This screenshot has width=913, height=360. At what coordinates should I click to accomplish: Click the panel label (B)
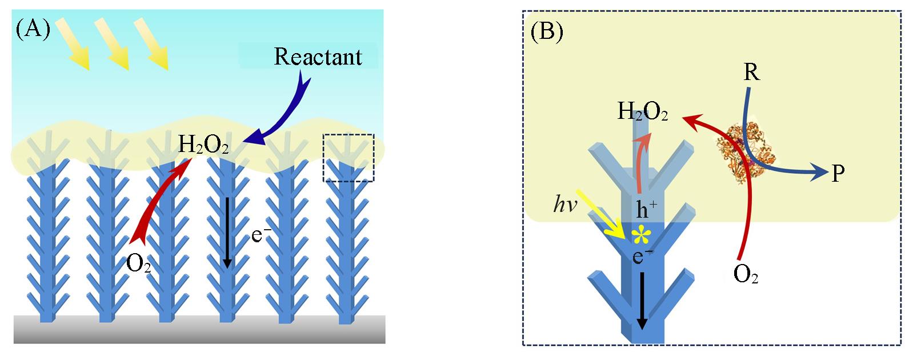(547, 32)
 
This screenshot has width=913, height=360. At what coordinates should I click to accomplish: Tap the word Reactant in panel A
(318, 57)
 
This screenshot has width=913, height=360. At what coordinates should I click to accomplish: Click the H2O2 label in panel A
(203, 145)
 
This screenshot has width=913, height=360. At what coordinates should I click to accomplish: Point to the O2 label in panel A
(138, 263)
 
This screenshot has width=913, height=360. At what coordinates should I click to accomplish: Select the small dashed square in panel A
(348, 158)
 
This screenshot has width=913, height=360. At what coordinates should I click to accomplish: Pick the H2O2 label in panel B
(642, 112)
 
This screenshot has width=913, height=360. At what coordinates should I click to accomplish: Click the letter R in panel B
(751, 74)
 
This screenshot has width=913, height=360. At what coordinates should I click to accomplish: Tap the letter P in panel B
(838, 173)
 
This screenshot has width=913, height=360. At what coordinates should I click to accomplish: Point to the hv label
(566, 205)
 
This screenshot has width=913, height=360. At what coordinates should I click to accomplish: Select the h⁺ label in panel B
(646, 209)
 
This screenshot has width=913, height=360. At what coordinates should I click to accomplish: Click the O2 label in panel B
(745, 275)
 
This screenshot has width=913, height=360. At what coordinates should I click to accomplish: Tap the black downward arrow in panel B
(642, 300)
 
